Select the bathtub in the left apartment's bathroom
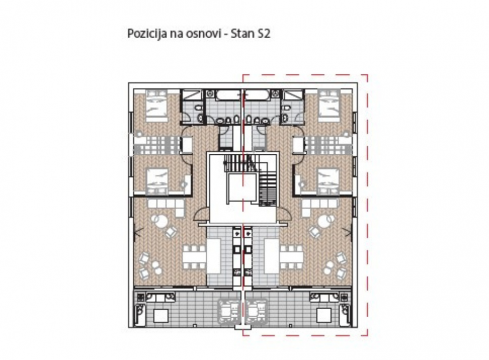224,96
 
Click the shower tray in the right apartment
293,97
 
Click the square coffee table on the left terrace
161,315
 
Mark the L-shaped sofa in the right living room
314,206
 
